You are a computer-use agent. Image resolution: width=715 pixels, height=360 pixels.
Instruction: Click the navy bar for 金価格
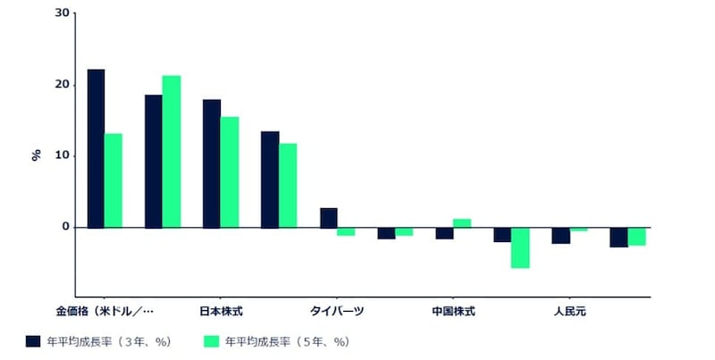[96, 148]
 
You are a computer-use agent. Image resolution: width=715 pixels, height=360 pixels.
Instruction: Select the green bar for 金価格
[113, 180]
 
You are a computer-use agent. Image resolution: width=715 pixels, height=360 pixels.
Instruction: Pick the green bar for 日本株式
[229, 172]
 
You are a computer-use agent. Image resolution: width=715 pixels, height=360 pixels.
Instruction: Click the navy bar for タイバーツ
[328, 218]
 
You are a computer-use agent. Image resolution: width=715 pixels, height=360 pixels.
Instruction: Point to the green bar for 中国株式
[461, 223]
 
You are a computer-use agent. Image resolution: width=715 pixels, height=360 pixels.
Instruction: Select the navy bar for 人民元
[560, 235]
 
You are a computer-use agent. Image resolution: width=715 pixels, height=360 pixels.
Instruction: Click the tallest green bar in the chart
[171, 152]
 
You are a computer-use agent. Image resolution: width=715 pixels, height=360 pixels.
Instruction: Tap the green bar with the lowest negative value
[520, 247]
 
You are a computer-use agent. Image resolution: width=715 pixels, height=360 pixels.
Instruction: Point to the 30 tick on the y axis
[61, 13]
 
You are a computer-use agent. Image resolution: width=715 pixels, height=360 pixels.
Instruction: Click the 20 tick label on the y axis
[61, 85]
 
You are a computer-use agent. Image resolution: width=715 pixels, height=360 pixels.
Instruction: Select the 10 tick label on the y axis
[61, 155]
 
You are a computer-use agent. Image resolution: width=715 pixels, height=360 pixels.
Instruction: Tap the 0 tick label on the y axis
[64, 227]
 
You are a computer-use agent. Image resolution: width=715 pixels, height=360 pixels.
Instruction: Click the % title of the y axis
[37, 155]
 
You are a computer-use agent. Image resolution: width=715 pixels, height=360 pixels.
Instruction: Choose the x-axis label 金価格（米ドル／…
[105, 312]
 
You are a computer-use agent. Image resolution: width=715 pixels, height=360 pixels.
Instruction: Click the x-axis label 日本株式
[220, 312]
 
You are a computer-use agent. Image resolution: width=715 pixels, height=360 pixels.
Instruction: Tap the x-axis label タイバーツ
[337, 312]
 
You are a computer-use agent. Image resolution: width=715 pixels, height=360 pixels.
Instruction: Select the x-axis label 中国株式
[453, 312]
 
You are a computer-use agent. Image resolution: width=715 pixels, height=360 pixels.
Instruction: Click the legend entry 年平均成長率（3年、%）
[98, 341]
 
